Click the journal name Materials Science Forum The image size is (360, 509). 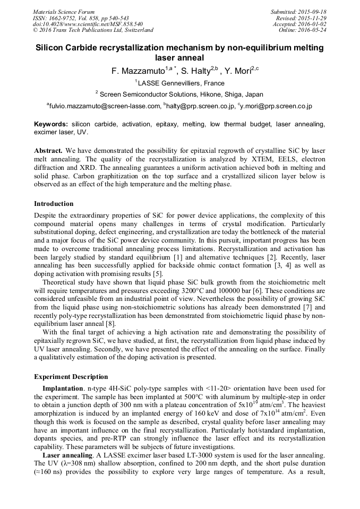pos(64,12)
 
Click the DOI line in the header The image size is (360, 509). pos(88,24)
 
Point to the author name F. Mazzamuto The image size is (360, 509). pos(138,71)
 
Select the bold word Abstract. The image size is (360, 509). pos(49,151)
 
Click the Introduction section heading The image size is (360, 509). pos(54,204)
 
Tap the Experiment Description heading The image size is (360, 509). pos(71,377)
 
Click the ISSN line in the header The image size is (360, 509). pos(80,18)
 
